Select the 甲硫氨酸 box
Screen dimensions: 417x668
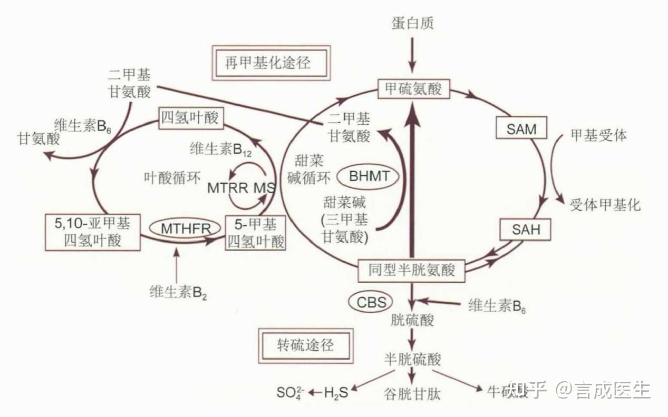(x=413, y=88)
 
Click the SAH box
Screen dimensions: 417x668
(x=526, y=230)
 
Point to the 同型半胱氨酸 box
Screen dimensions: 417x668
(x=412, y=271)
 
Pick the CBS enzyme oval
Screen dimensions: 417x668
(x=371, y=302)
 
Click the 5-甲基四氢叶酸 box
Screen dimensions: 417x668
(x=255, y=233)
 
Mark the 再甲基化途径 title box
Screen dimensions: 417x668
(x=269, y=63)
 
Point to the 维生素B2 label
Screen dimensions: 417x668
(x=178, y=292)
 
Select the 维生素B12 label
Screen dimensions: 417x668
(x=221, y=149)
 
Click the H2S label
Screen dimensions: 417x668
(x=336, y=392)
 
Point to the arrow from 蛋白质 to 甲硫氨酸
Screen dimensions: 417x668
(x=412, y=55)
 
